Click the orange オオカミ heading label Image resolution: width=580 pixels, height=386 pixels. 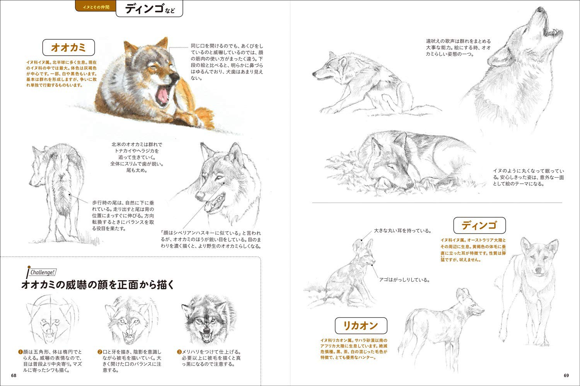point(68,48)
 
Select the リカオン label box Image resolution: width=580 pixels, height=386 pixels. point(360,326)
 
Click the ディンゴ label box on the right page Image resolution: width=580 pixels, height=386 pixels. point(479,225)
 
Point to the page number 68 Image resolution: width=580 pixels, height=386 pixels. point(14,376)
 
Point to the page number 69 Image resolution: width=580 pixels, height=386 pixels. point(566,376)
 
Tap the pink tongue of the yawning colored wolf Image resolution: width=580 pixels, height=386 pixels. point(163,96)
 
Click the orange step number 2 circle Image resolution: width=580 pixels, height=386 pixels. point(99,352)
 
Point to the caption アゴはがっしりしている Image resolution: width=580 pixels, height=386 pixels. point(404,280)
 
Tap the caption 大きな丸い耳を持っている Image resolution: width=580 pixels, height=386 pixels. point(402,231)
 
